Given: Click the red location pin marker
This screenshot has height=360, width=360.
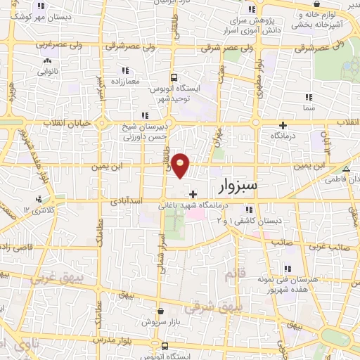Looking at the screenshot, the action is point(181,165).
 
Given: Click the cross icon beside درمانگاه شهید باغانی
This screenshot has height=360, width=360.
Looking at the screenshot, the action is point(193,193).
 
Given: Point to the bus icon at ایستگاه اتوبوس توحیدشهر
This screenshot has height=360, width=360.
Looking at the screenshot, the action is point(174,77).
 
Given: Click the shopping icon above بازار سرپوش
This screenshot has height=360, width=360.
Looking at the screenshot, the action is point(161,310).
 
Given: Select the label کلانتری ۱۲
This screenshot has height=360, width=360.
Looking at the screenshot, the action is point(37,210).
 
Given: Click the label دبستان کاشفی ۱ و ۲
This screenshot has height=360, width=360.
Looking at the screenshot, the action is point(249,220).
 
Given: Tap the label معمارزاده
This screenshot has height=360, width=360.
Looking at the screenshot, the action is point(126,82).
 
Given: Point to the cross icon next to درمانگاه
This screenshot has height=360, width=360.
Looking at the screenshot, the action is point(283,124).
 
